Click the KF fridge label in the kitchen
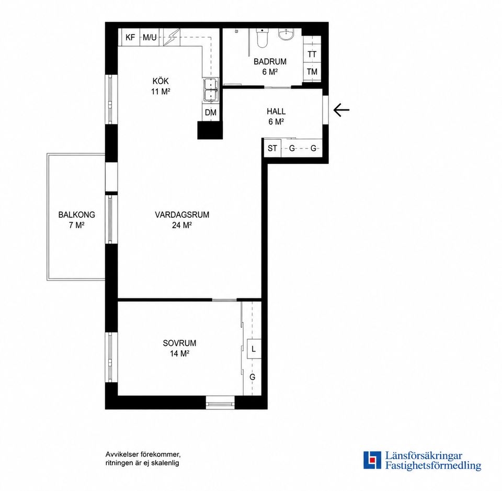pos(130,38)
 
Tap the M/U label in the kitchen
pos(150,38)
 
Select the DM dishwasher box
pos(211,113)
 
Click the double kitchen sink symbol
pos(211,90)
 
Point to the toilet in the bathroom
pos(262,38)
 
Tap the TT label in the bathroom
pos(312,54)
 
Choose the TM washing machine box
pos(312,72)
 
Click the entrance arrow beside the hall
pos(341,110)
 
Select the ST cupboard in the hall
pos(272,148)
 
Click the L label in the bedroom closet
pos(254,349)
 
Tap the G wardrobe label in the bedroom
pos(252,377)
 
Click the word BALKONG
pos(76,215)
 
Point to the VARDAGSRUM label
pos(182,215)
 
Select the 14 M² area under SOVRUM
pos(179,354)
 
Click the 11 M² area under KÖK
pos(161,92)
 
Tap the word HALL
pos(276,111)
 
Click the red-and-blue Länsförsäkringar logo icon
pos(372,460)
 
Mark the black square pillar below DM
pos(210,130)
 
